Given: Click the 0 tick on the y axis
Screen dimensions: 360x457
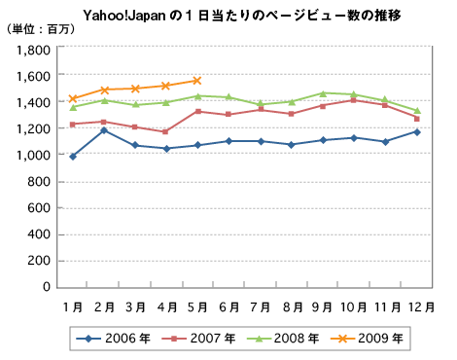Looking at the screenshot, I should point(48,287).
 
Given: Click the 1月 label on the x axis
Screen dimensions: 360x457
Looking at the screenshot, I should point(73,306).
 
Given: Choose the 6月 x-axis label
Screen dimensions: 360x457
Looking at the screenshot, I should point(230,306).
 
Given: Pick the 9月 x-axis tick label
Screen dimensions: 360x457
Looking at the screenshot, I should point(324,306).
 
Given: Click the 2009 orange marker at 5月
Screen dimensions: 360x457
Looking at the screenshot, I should point(197,81).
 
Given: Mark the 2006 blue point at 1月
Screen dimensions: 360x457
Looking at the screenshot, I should point(73,156).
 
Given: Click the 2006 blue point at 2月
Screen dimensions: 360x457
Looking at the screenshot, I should point(104,129).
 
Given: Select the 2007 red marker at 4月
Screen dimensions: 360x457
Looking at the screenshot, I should point(166,131).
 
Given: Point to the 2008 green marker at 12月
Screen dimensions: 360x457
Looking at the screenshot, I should point(417,111).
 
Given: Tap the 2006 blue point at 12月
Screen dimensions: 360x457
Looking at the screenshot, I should point(417,131).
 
